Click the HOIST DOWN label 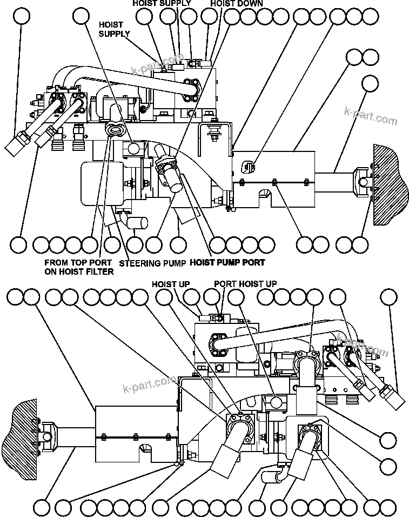236,3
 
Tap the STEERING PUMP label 152,263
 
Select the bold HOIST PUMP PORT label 227,263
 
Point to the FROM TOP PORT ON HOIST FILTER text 79,267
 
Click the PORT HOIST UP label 245,284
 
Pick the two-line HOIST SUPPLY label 113,29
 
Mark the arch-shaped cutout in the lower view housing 145,448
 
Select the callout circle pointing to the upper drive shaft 370,82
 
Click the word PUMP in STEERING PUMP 173,263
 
